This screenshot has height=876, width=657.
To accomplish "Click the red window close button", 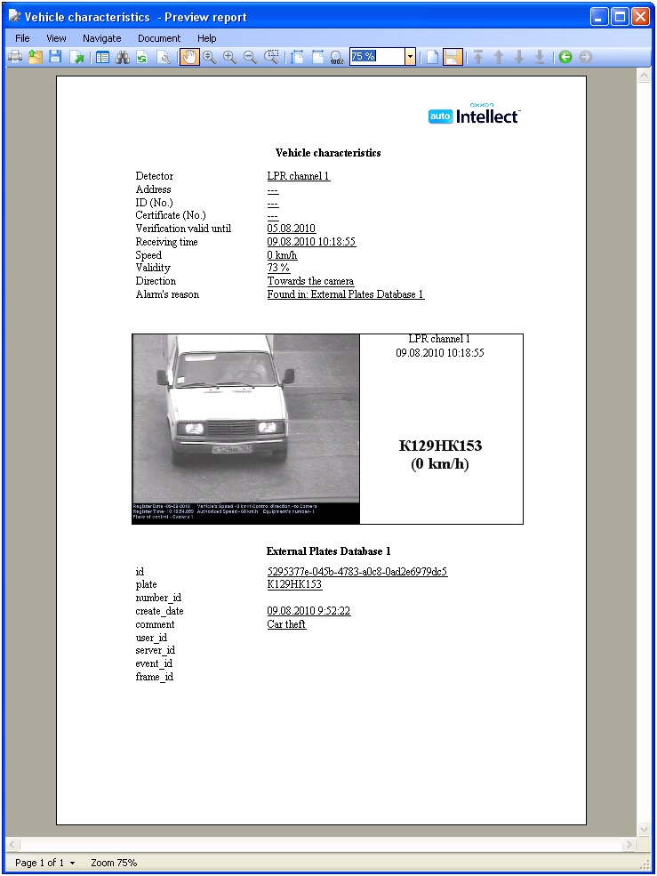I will point(639,16).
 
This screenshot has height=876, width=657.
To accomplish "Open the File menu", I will point(22,38).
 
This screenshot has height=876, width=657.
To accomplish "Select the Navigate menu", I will point(101,38).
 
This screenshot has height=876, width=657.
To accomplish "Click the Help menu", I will point(207,38).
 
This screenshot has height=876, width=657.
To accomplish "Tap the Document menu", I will point(159,38).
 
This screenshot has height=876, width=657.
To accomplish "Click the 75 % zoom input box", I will point(376,56).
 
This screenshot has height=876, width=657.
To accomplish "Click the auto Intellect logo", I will point(473,115).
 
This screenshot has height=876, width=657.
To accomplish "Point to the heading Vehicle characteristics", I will point(328,153).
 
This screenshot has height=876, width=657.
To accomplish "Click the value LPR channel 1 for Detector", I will point(298,176).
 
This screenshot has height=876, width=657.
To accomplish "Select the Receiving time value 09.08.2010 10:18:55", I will point(311,242).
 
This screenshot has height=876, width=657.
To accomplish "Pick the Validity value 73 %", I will point(278,268).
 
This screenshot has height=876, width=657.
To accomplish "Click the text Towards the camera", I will point(310,281).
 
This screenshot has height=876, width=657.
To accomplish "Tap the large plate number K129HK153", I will point(440,446).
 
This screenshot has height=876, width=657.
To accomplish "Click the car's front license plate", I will point(231,448).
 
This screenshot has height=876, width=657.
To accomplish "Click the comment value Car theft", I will point(286,624).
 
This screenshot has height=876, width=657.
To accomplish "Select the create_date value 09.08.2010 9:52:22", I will point(308,611).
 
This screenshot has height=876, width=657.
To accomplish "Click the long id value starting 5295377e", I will point(357,572).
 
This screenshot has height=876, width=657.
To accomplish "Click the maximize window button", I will point(619,16).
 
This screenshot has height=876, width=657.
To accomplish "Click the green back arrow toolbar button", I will point(565,57).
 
